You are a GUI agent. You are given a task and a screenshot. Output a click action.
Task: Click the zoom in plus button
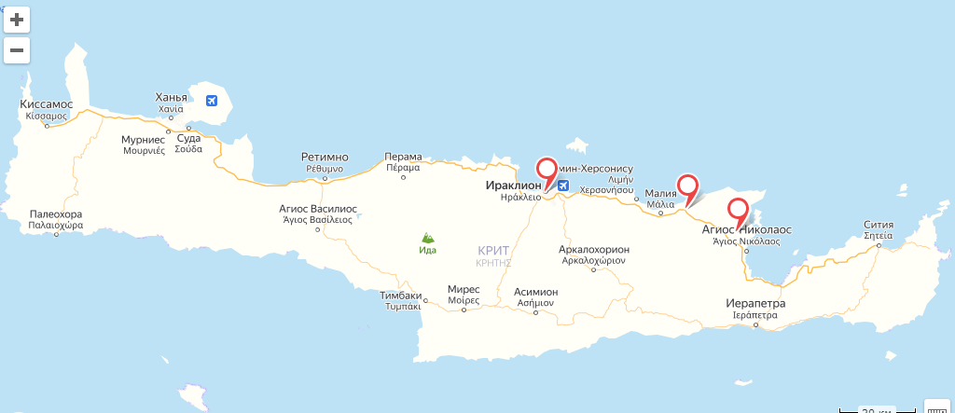coord(17,19)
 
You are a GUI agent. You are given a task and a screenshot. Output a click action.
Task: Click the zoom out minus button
coord(17,49)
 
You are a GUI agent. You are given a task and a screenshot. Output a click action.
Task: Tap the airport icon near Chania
coord(212,99)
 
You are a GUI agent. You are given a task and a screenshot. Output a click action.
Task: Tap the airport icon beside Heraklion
coord(563,185)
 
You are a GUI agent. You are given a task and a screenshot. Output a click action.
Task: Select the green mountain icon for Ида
coord(427,238)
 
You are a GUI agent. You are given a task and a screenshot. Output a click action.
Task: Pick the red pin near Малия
coord(687,184)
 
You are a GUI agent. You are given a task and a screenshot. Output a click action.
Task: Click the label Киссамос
coord(46,103)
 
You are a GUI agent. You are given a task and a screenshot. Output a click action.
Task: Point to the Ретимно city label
coord(325,157)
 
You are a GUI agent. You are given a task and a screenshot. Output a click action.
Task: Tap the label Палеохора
coord(56,213)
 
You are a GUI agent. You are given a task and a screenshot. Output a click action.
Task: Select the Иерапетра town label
coord(755,304)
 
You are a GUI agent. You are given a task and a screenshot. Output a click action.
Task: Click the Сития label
coord(879,224)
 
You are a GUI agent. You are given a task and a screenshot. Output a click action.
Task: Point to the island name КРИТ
coord(493,251)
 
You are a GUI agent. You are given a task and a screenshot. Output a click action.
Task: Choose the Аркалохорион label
coord(593,249)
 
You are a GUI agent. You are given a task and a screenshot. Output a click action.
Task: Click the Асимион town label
coord(536,292)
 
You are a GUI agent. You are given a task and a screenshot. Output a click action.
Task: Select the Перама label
coord(403,157)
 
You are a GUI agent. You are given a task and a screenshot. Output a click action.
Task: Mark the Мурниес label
coord(144,139)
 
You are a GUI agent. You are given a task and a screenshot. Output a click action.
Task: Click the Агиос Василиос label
coord(317,208)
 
